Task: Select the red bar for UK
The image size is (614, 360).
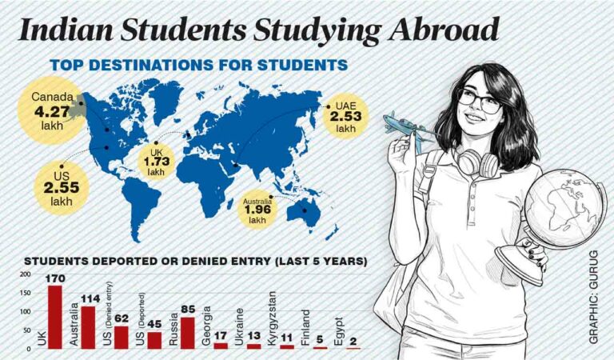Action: coord(54,317)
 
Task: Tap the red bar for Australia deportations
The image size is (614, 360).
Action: coord(88,327)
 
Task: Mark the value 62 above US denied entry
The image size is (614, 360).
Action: coord(121,318)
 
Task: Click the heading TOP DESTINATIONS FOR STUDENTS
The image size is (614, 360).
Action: coord(198,65)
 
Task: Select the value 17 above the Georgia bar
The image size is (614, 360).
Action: coord(221,336)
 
